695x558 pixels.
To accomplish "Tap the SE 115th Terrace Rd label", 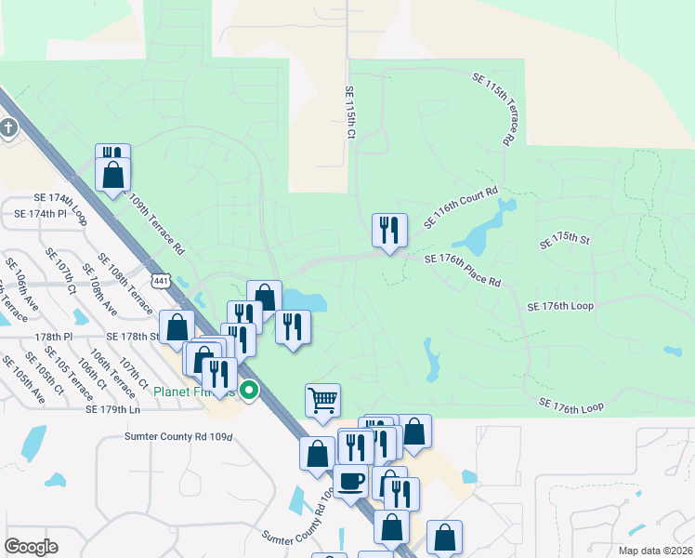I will point(493,110).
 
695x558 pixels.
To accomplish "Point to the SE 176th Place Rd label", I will point(463,270).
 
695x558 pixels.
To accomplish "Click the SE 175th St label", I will point(566,242).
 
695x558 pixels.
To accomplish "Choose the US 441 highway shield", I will point(163,280).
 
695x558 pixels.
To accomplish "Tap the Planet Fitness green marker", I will point(249,392).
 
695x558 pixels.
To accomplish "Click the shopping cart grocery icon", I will point(322,400).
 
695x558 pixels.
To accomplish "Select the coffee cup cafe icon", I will point(351,481).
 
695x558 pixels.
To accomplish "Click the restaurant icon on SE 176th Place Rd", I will point(389,230).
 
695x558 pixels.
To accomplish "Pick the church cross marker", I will point(7,128).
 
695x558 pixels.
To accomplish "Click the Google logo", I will point(31,547).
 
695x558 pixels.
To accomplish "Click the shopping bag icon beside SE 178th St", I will point(177,327).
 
